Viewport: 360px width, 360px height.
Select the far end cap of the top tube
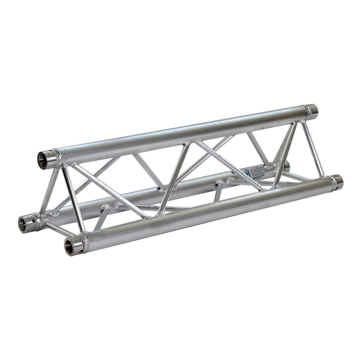[311, 110]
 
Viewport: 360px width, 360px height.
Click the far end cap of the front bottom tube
[337, 181]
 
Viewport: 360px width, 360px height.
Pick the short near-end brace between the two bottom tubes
[60, 229]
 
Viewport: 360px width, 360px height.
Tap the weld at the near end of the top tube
[67, 165]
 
